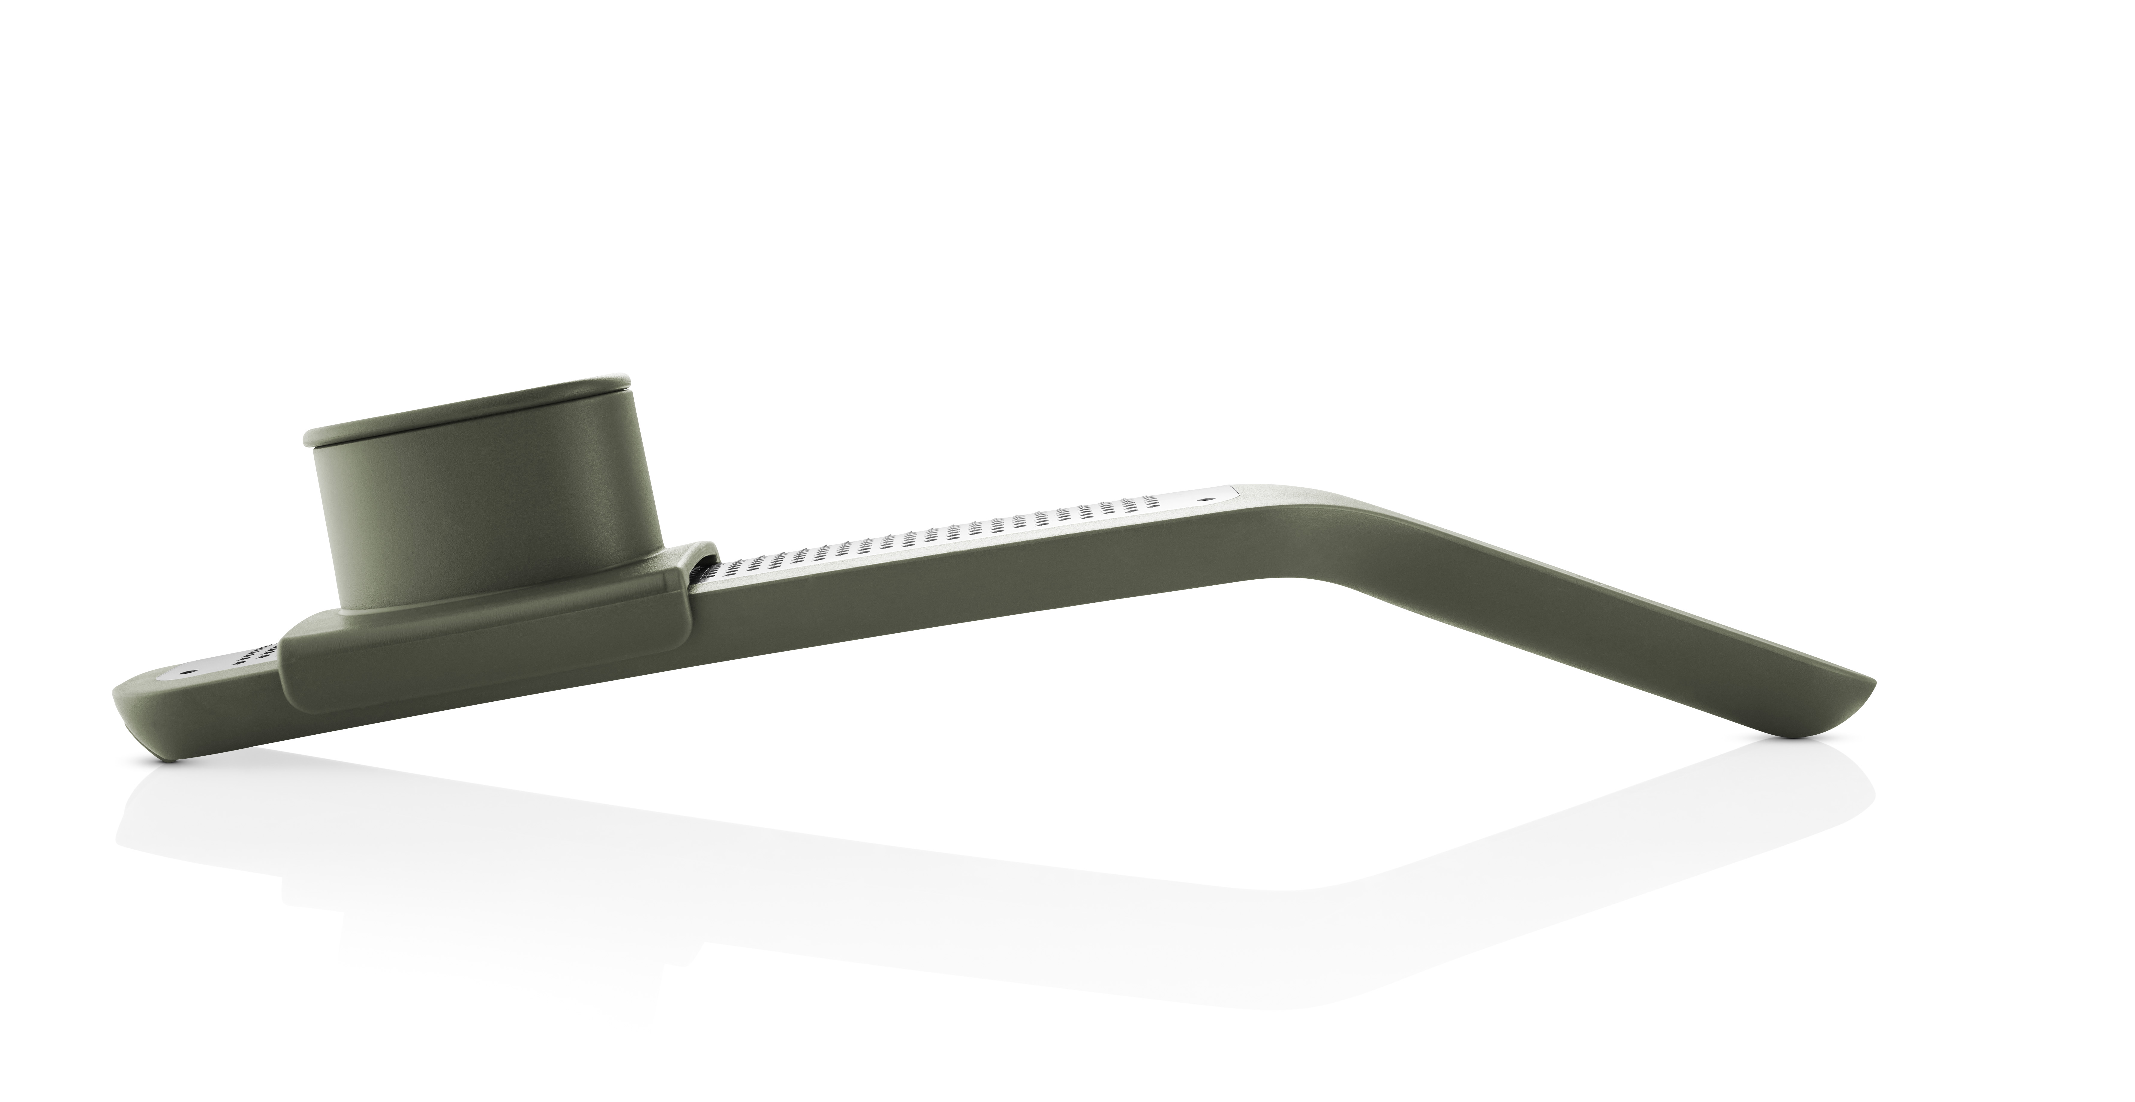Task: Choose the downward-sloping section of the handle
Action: click(1575, 630)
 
